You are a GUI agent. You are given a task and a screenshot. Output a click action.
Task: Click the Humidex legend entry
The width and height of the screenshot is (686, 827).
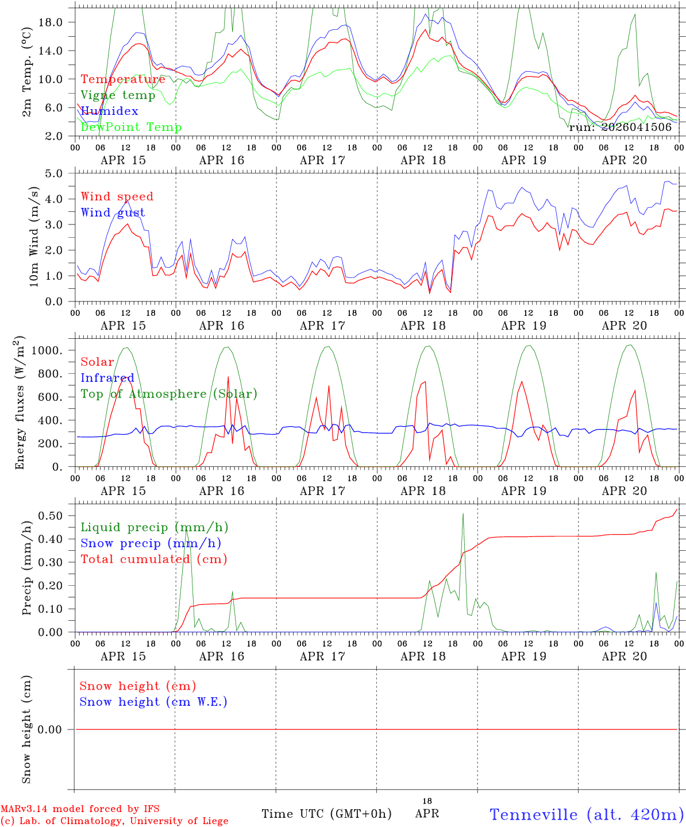coord(109,111)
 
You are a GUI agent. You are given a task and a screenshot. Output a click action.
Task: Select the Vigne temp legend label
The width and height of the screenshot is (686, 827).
coord(118,95)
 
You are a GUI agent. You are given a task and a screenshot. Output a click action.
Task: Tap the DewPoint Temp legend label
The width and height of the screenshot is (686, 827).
coord(131,127)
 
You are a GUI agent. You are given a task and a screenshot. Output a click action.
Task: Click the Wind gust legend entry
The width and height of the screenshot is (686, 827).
coord(113,212)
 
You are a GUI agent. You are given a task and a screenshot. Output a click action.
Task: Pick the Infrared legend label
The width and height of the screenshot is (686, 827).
coord(107,378)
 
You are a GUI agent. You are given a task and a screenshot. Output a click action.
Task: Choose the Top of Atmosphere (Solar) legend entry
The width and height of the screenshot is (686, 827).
coord(169,394)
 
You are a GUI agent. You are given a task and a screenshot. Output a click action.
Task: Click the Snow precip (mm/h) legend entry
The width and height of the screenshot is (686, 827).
coord(151,543)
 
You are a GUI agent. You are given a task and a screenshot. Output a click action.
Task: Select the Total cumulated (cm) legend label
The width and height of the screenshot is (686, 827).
coord(153,559)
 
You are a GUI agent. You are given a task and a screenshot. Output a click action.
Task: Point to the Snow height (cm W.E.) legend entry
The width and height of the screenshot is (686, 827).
coord(153,702)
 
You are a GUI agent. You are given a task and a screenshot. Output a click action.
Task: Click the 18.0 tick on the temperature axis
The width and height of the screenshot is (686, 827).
coord(57,22)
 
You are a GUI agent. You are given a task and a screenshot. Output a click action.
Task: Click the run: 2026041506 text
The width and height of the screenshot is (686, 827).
coord(620,127)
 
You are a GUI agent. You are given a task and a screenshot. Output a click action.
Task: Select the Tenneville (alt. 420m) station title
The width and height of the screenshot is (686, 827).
coord(587,814)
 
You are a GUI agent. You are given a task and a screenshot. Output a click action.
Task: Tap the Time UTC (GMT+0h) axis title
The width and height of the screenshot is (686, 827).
coord(326,814)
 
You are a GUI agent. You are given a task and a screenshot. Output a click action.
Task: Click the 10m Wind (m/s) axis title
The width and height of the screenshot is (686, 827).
coord(34,237)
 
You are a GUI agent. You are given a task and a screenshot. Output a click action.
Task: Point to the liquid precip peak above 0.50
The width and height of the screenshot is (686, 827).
coord(463,513)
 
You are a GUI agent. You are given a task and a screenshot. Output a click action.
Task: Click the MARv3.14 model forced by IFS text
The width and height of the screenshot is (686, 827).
coord(80,809)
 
